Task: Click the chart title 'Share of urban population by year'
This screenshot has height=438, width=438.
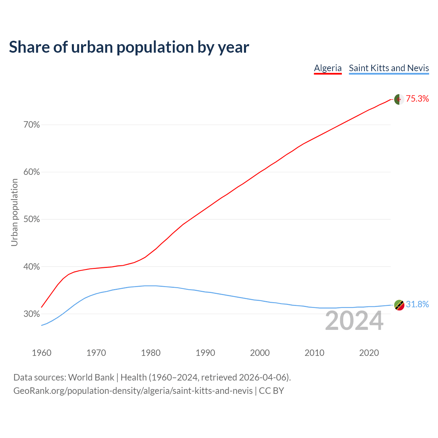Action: tap(129, 47)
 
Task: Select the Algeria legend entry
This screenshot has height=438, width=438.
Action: tap(328, 68)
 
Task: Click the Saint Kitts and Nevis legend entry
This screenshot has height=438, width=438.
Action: tap(389, 68)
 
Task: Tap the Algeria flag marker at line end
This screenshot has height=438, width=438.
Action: tap(399, 99)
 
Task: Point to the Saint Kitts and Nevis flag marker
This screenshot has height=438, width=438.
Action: tap(399, 305)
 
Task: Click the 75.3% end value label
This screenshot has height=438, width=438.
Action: tap(417, 99)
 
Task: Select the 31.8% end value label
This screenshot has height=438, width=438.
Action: tap(417, 305)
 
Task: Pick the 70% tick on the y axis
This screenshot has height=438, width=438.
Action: tap(31, 125)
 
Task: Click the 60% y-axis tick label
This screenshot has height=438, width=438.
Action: tap(31, 172)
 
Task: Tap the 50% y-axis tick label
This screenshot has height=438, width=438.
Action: tap(31, 219)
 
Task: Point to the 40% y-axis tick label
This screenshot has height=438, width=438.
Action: tap(31, 267)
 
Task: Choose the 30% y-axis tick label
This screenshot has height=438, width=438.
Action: tap(31, 314)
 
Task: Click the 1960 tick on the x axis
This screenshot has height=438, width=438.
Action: tap(42, 353)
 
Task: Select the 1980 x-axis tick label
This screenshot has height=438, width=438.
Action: tap(151, 353)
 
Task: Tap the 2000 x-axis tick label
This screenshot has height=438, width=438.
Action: tap(260, 353)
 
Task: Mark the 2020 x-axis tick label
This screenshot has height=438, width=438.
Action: tap(369, 353)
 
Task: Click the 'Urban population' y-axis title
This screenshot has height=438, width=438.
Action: tap(14, 212)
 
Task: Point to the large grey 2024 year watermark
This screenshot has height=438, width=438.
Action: tap(354, 321)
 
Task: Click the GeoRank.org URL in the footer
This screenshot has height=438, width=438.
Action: tap(133, 390)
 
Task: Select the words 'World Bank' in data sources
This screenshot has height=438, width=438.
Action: tap(91, 377)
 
